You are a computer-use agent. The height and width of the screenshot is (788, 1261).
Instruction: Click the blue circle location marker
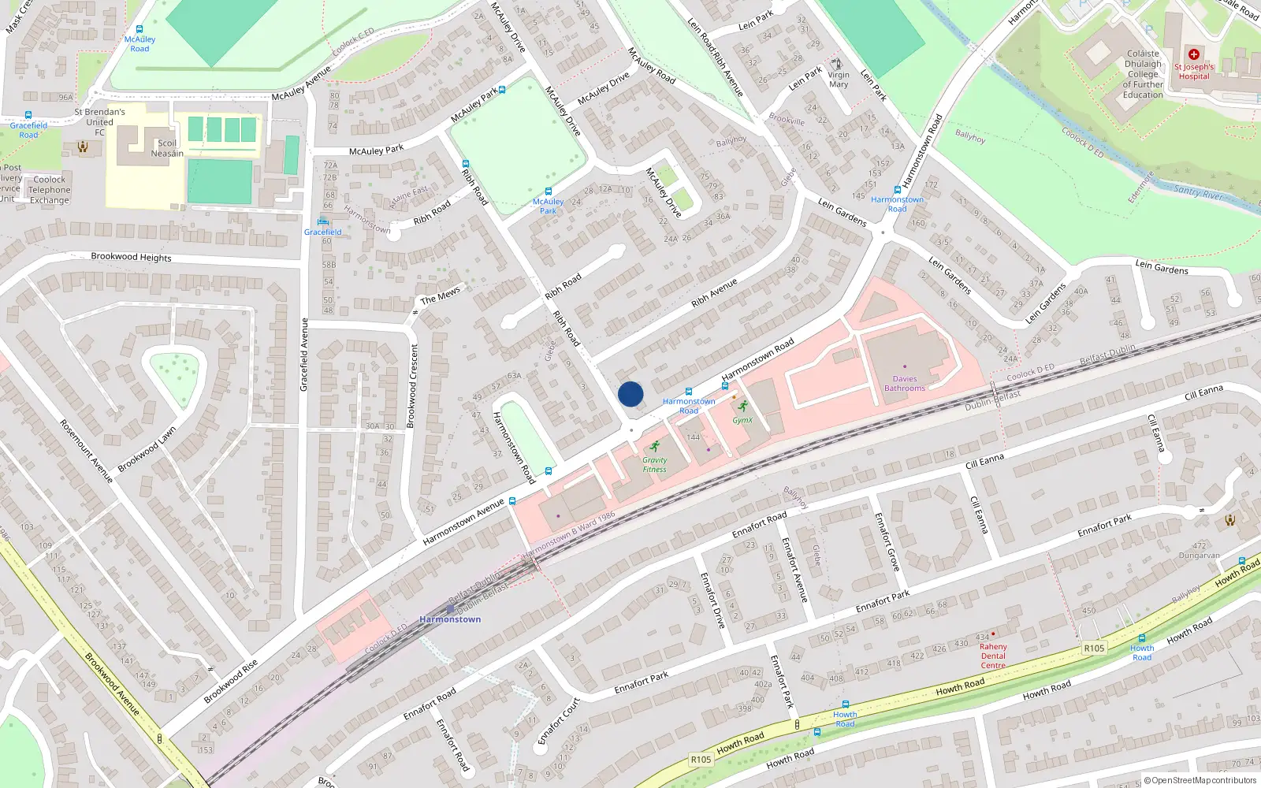pyautogui.click(x=630, y=394)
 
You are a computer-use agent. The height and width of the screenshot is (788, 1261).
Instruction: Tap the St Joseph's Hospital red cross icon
pyautogui.click(x=1194, y=54)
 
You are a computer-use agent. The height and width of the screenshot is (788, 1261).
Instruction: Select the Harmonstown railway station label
pyautogui.click(x=450, y=619)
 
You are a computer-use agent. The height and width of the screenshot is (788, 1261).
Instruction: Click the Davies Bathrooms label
pyautogui.click(x=905, y=384)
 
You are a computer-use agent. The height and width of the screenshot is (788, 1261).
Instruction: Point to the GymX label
pyautogui.click(x=742, y=420)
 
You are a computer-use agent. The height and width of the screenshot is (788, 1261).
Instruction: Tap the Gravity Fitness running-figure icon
pyautogui.click(x=654, y=447)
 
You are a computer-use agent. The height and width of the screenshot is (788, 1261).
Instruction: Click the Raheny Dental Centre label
pyautogui.click(x=993, y=656)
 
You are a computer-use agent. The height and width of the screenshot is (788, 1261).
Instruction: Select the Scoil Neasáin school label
pyautogui.click(x=167, y=148)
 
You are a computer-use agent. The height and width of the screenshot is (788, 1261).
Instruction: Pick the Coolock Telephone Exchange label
pyautogui.click(x=49, y=190)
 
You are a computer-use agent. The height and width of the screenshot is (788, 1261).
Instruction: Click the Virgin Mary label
pyautogui.click(x=839, y=80)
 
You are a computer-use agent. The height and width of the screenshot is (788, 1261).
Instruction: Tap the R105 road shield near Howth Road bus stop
pyautogui.click(x=1094, y=648)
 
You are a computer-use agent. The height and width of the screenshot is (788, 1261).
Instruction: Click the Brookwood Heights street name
pyautogui.click(x=131, y=257)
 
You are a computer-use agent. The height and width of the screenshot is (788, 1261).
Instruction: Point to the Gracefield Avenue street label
pyautogui.click(x=304, y=355)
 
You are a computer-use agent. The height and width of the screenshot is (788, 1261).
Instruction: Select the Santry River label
pyautogui.click(x=1197, y=191)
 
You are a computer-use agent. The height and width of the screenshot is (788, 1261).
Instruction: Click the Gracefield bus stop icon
pyautogui.click(x=322, y=221)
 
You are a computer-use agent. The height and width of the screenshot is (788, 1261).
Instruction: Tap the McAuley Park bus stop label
pyautogui.click(x=548, y=206)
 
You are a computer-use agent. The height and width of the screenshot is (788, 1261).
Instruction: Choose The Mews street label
pyautogui.click(x=440, y=295)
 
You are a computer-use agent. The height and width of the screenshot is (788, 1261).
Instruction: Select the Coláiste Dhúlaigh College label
pyautogui.click(x=1143, y=74)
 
